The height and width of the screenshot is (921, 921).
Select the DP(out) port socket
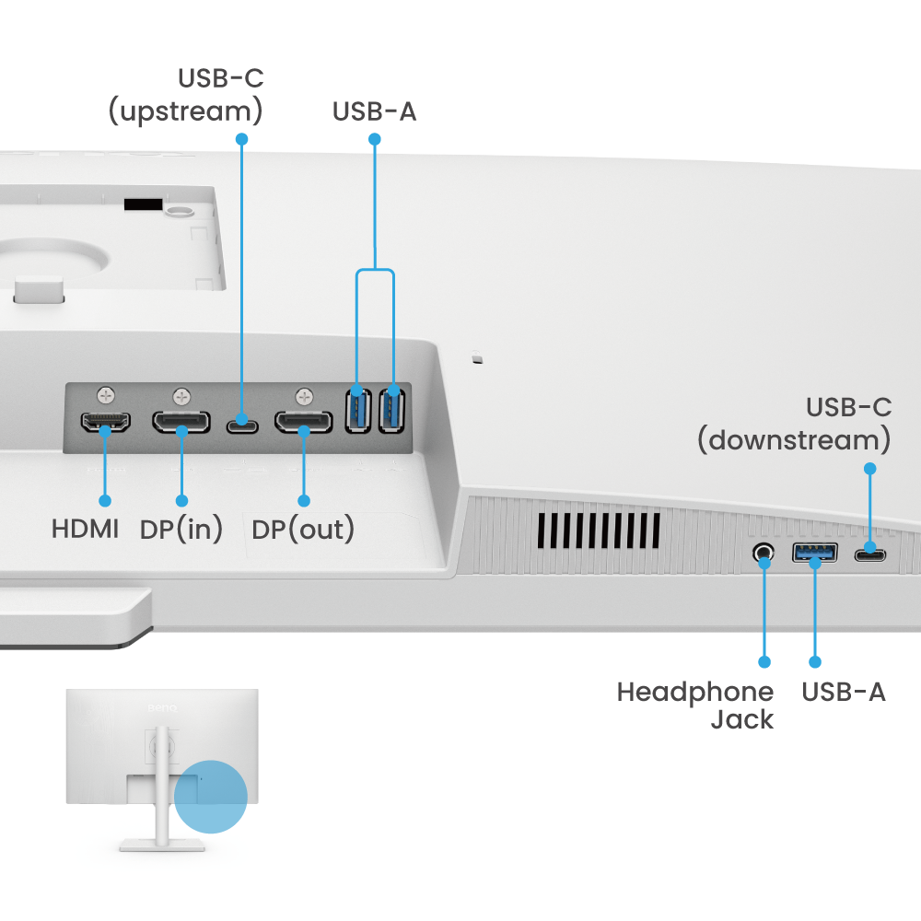[303, 424]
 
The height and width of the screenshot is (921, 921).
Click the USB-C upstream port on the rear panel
[242, 424]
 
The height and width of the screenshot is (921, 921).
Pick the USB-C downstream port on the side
[870, 554]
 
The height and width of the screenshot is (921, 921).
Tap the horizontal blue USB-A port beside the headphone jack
[815, 554]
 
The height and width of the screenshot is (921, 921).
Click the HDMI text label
[86, 530]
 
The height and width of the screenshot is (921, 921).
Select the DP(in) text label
[181, 530]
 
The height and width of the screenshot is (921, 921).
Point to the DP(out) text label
[303, 530]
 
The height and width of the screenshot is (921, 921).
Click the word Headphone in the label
[695, 692]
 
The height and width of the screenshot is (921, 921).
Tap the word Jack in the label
[742, 719]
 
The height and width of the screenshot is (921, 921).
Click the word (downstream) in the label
[793, 440]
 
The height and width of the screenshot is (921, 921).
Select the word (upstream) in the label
[185, 111]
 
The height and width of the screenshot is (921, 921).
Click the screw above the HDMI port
[107, 396]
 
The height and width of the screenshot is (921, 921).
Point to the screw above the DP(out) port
[304, 397]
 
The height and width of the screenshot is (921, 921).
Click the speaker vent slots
[599, 528]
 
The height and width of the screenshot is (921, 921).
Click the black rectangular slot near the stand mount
[143, 204]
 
